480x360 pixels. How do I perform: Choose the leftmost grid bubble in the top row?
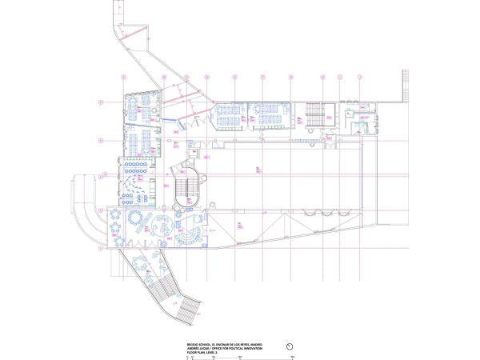coord(124,77)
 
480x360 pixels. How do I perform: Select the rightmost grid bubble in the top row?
coord(360,77)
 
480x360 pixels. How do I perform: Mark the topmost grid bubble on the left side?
coord(100,102)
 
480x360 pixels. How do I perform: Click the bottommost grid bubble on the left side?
coord(100,249)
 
